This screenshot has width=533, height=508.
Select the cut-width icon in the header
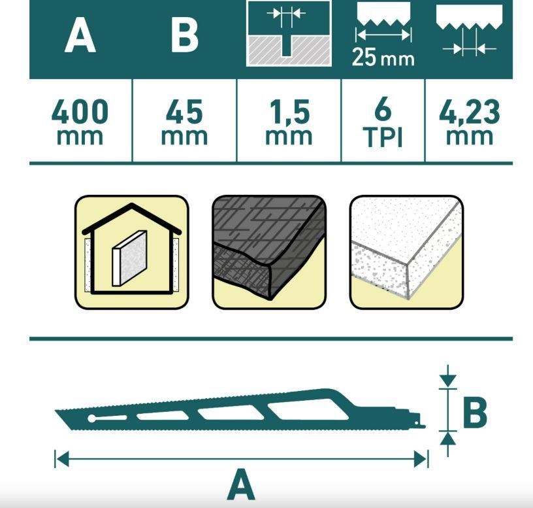coord(289,33)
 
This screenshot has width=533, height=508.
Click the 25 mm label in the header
coord(383,57)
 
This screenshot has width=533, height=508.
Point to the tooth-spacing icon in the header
coord(469,31)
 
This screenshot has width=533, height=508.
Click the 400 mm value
coord(80,122)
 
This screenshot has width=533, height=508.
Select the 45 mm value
coord(184,122)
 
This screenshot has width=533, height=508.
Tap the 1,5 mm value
coord(289,122)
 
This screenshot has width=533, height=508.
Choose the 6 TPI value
coord(383,122)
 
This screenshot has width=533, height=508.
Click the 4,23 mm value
coord(470,122)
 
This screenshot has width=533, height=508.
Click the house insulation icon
coord(131,252)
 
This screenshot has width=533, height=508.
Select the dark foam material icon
coord(269,252)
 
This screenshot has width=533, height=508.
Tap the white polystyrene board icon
coord(406,252)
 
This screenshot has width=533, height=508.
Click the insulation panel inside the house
coord(129,258)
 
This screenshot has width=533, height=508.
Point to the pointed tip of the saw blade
coord(56,411)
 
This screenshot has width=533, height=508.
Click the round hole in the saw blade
coord(92,418)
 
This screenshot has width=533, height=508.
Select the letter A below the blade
coord(241,484)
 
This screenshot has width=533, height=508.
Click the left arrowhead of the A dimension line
coord(62,459)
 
